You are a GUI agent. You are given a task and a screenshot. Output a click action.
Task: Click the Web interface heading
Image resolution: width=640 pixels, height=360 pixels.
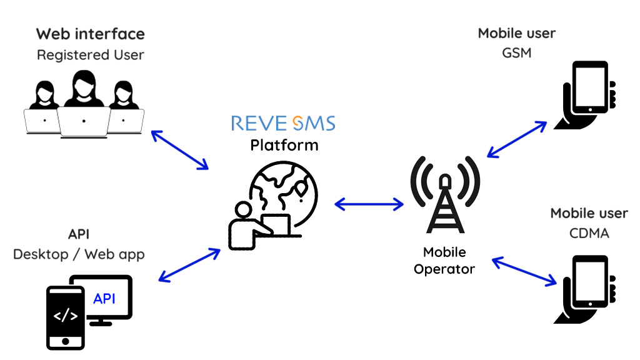click(x=90, y=34)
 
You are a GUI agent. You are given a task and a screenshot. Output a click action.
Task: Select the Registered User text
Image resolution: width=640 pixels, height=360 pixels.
click(x=90, y=55)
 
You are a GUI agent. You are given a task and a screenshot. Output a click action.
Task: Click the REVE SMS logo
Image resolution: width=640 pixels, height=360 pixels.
click(x=283, y=122)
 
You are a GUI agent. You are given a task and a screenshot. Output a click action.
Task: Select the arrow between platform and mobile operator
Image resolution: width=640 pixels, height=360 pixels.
click(x=369, y=204)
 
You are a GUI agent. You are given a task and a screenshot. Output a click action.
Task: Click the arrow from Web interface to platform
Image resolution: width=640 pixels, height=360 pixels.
click(x=179, y=150)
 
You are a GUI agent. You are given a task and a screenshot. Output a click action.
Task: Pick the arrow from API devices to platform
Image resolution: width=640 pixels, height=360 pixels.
click(x=190, y=265)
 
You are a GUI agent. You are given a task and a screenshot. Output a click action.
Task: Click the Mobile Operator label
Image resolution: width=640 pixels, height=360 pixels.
click(x=444, y=261)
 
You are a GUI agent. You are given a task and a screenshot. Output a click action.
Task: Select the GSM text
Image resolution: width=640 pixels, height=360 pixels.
click(x=516, y=53)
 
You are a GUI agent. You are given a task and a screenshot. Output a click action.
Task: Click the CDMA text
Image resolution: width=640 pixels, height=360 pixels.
click(x=589, y=234)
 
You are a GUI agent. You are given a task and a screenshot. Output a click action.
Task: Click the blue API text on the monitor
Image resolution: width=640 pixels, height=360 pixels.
click(x=104, y=299)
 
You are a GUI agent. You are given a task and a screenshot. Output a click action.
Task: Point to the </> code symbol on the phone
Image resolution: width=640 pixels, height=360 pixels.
click(x=65, y=316)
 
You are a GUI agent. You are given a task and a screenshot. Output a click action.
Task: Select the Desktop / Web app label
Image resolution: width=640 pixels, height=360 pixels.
click(x=79, y=254)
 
